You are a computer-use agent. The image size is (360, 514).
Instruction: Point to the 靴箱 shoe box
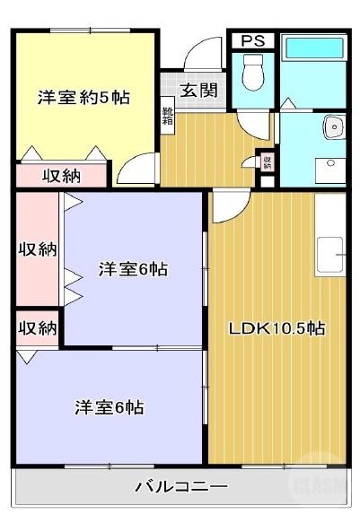coord(168,118)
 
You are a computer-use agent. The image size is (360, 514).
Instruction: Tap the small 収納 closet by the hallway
coord(267,162)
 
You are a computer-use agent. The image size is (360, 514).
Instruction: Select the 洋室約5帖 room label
coord(83,97)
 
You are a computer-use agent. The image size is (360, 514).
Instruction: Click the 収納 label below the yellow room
coord(62,176)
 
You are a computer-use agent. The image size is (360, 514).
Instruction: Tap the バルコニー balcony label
coord(181,487)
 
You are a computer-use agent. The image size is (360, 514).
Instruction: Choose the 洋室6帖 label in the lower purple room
coord(109,406)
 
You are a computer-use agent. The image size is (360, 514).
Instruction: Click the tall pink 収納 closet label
coord(37,248)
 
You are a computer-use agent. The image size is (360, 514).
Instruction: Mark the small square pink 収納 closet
coord(37,327)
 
